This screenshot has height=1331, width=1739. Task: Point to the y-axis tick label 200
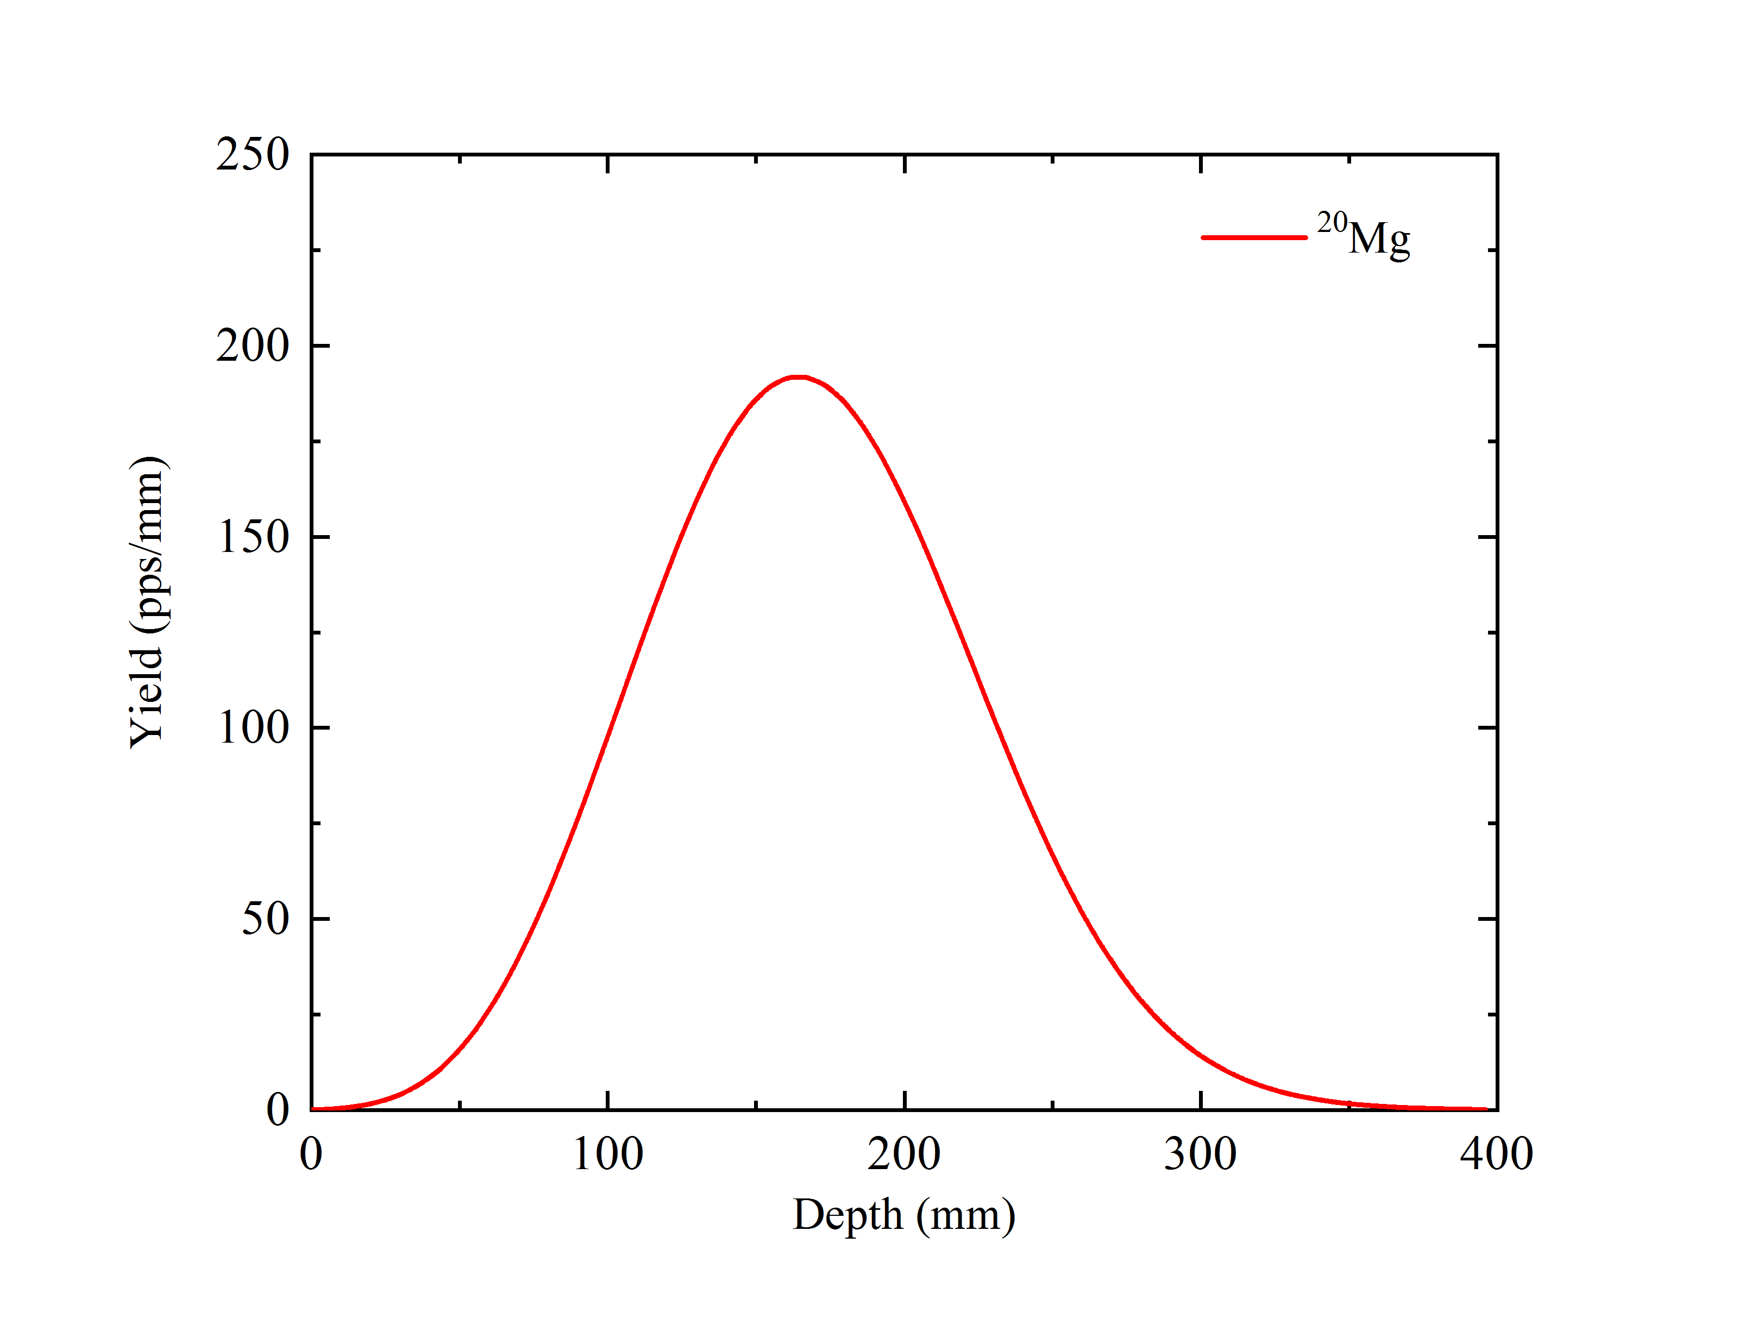tap(252, 346)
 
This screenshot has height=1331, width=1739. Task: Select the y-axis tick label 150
tap(253, 537)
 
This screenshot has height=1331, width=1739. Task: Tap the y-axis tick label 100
tap(253, 727)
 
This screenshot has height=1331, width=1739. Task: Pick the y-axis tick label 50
tap(265, 919)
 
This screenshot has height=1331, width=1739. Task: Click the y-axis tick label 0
tap(277, 1109)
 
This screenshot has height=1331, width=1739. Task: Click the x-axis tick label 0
tap(311, 1154)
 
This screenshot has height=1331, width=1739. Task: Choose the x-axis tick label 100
tap(608, 1154)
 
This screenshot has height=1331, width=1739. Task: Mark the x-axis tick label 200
tap(904, 1154)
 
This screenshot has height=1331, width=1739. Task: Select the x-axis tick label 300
tap(1200, 1154)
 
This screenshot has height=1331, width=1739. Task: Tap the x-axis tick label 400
tap(1497, 1154)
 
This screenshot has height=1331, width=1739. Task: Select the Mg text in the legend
tap(1379, 238)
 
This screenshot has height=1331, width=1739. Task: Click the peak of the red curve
tap(799, 377)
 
